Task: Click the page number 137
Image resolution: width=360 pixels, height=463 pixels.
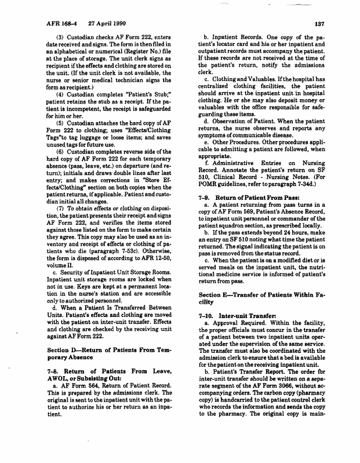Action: (x=318, y=24)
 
